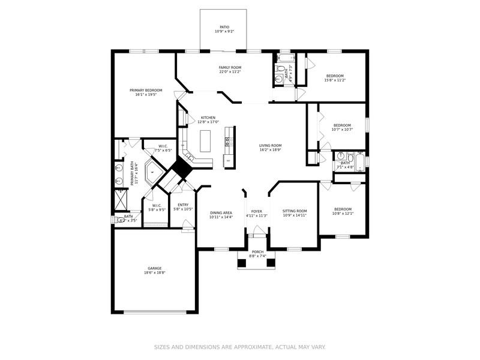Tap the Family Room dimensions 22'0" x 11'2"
(230, 71)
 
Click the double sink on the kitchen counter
(227, 142)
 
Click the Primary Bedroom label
(146, 90)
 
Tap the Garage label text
(155, 268)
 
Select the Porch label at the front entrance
(257, 252)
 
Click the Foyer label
(256, 211)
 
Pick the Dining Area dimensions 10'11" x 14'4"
(221, 217)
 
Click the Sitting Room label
(295, 211)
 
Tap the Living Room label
(270, 145)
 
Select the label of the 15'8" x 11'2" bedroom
(335, 76)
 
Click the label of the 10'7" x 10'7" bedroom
(342, 125)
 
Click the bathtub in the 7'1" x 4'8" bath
(360, 163)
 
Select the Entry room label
(183, 205)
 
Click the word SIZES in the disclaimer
(163, 347)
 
